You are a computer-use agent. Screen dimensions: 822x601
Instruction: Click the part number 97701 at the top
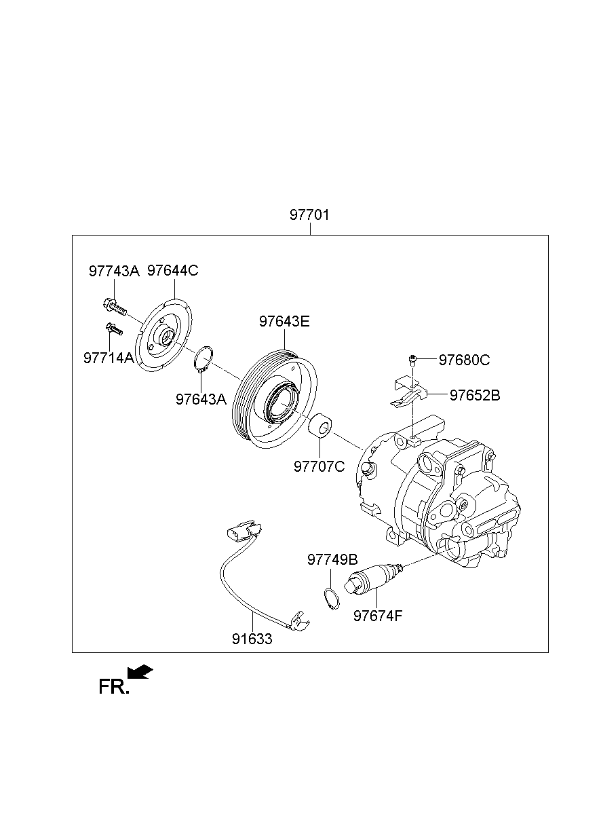[x=309, y=215]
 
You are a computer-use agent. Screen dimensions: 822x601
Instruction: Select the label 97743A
[x=114, y=271]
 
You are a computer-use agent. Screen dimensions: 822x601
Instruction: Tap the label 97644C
[x=173, y=270]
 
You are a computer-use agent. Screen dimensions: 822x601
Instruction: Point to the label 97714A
[x=109, y=358]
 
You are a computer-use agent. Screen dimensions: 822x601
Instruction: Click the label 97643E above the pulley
[x=284, y=321]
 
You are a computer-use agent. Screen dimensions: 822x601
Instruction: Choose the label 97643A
[x=201, y=399]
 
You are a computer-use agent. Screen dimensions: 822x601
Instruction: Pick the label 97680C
[x=464, y=360]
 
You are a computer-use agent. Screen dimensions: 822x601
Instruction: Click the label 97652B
[x=475, y=395]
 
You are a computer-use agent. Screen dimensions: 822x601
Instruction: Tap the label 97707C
[x=319, y=466]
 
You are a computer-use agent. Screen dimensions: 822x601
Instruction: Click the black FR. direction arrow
[x=141, y=672]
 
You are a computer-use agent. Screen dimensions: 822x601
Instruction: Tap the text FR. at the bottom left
[x=113, y=688]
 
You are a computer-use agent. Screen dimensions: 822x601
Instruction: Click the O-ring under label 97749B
[x=330, y=599]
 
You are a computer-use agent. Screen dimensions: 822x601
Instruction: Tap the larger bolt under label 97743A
[x=115, y=307]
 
